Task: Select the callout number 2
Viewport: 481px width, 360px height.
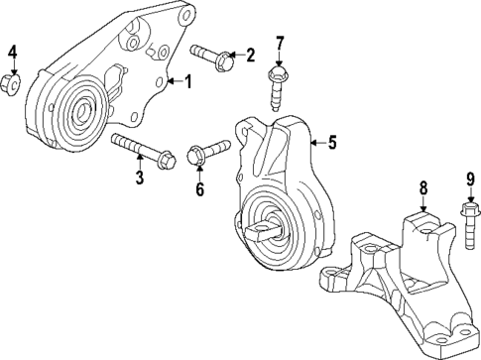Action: tap(250, 55)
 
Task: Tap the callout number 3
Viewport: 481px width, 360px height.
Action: tap(140, 179)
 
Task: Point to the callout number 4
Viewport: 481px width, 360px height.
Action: tap(13, 52)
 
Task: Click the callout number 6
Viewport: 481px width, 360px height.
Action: tap(199, 189)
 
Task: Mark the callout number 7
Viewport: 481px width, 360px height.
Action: tap(280, 43)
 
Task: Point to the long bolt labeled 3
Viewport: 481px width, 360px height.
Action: tap(143, 149)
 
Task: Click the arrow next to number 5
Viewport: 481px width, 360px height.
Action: tap(315, 143)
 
